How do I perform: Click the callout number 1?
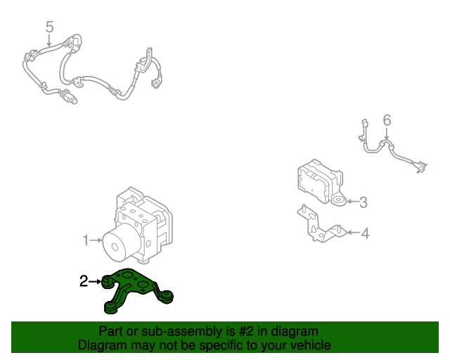85,241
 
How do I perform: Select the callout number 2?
84,282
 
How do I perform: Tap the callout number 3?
363,203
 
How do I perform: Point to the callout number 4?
365,233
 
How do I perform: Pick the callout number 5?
49,27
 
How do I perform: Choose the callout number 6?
386,120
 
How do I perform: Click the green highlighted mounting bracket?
137,288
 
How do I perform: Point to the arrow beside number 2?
95,282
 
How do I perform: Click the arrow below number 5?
49,41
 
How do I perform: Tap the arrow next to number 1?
96,241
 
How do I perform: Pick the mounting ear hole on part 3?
338,202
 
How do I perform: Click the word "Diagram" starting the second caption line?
99,345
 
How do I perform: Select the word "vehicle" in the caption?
308,345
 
